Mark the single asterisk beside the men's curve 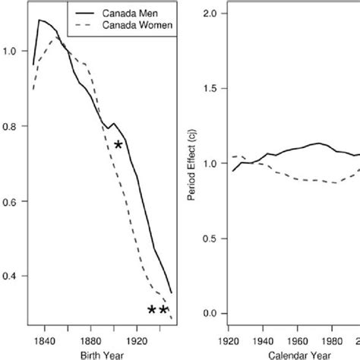click(118, 145)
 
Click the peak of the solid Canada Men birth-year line click(39, 21)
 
